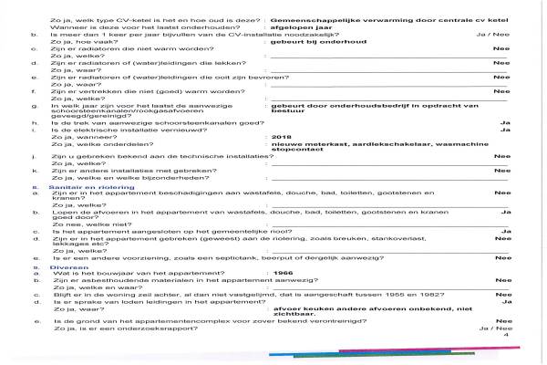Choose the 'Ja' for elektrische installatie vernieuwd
(x=504, y=129)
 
